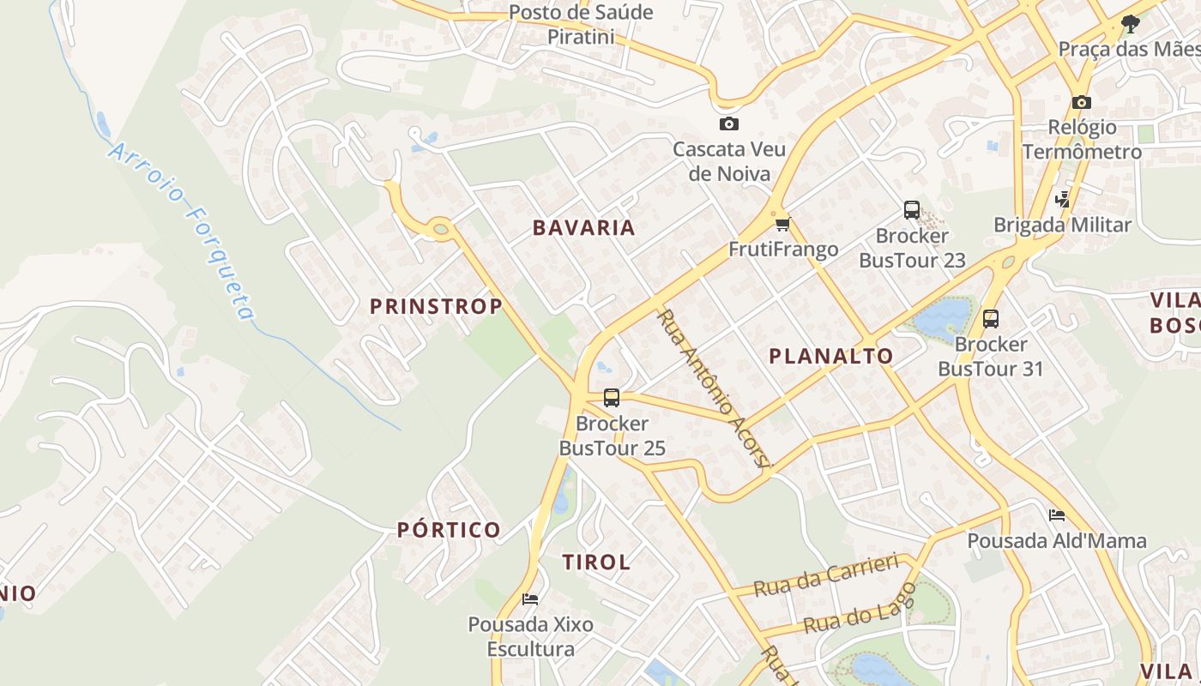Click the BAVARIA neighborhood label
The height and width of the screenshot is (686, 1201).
(584, 228)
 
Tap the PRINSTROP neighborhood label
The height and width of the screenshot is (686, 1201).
(436, 306)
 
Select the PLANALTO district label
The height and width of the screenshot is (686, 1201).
(830, 356)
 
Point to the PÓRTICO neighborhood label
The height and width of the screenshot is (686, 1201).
(449, 530)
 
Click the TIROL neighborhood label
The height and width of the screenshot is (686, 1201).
(596, 563)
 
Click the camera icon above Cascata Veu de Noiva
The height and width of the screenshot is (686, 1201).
(729, 124)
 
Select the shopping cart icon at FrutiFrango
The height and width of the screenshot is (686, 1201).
(782, 225)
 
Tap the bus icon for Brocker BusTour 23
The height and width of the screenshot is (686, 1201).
(911, 210)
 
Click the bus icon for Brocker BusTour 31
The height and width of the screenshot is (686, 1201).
(991, 319)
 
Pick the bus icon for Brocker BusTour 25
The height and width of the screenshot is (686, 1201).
(612, 398)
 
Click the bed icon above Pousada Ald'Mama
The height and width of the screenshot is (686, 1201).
(1057, 515)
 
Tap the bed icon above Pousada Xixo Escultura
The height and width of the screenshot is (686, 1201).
(530, 599)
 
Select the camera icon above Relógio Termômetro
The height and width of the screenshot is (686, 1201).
(1082, 103)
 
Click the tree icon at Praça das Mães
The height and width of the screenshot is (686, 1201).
(1131, 23)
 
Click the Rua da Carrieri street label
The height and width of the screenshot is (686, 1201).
(826, 575)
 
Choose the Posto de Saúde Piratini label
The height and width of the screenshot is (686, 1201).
(581, 25)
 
